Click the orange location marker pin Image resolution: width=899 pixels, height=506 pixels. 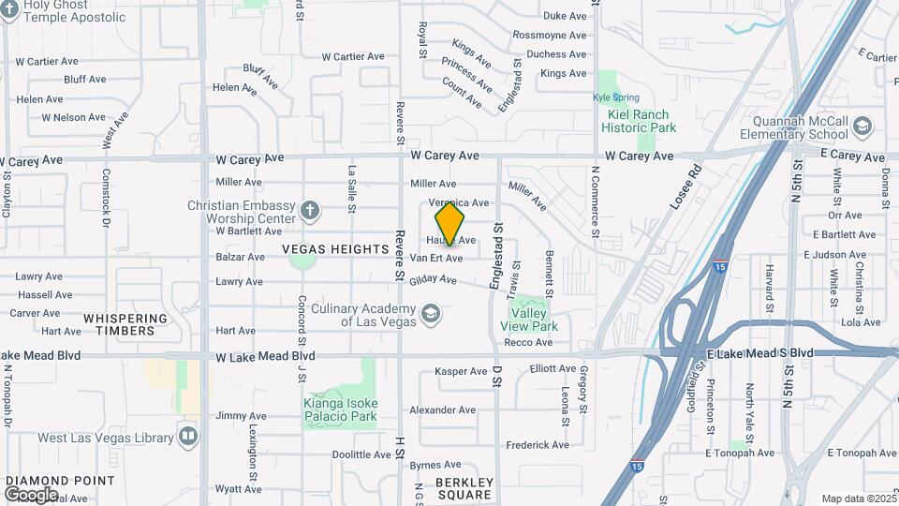point(450,224)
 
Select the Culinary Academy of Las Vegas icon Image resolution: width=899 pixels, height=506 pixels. point(431,312)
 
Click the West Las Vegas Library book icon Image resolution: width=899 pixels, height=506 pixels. point(188,437)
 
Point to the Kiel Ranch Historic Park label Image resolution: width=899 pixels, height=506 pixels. point(639,121)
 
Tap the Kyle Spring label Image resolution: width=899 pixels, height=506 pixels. point(615,97)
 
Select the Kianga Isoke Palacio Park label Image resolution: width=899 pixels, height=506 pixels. point(340,409)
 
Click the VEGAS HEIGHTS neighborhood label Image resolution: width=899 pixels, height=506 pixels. point(335,249)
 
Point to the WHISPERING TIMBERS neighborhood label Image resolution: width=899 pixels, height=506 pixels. point(131,324)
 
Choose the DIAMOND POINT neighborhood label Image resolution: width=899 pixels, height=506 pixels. point(60,481)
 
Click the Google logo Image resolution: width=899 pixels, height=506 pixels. point(31,494)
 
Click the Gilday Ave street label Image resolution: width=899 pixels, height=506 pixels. point(434,279)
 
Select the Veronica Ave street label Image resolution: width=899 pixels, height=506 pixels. point(459,202)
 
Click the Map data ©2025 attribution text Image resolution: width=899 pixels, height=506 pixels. point(857,499)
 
